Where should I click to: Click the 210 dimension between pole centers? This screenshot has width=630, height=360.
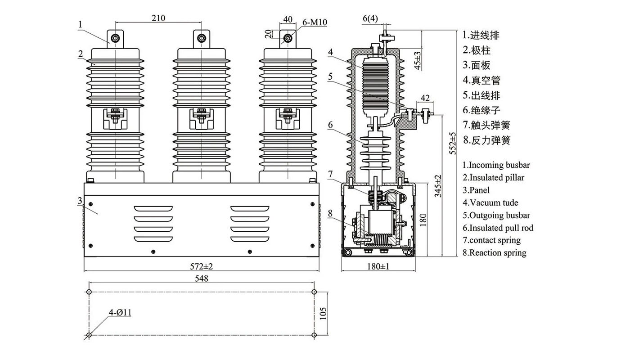tap(158, 18)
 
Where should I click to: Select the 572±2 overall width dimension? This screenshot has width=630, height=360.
tap(202, 266)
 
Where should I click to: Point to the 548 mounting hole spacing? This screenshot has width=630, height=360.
tap(202, 279)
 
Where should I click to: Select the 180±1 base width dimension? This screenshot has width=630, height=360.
tap(378, 266)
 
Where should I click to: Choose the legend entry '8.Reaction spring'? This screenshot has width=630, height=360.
tap(495, 253)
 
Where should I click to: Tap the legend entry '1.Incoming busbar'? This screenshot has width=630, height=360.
tap(496, 165)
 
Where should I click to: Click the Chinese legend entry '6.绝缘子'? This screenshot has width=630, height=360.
tap(481, 110)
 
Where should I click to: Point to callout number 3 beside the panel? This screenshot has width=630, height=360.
tap(80, 201)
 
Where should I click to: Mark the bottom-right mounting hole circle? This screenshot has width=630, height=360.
tap(314, 335)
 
